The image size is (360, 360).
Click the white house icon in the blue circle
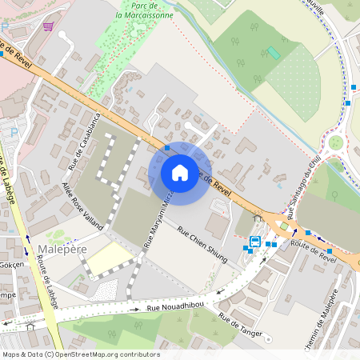180,173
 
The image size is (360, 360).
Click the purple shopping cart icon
50,26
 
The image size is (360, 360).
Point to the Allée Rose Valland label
83,206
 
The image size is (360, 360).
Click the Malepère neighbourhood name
57,250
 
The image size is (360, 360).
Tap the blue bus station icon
255,242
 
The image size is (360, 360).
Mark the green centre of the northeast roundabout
336,142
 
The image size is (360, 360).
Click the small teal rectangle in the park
274,53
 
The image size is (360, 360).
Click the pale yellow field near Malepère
108,258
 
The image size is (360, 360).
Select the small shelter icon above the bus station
258,217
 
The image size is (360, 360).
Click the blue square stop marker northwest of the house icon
166,148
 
